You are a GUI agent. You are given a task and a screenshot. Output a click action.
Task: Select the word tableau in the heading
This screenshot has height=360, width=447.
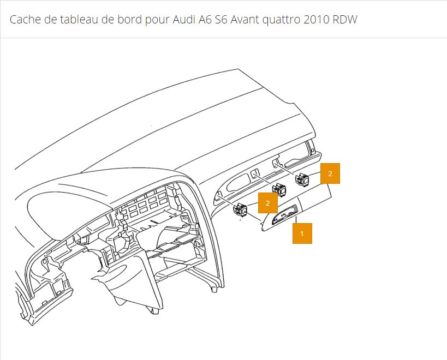click(74, 20)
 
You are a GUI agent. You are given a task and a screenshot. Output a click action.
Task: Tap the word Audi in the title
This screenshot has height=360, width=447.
click(184, 20)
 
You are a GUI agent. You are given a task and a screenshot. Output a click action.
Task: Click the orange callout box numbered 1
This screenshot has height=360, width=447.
click(302, 233)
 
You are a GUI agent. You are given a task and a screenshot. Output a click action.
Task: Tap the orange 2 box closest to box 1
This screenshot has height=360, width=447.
click(267, 203)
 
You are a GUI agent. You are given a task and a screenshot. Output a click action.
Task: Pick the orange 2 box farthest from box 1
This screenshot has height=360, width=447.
click(330, 173)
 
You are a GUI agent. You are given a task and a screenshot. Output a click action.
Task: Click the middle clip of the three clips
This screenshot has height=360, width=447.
click(279, 189)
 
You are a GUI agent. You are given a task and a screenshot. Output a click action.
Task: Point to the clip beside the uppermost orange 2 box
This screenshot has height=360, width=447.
click(302, 179)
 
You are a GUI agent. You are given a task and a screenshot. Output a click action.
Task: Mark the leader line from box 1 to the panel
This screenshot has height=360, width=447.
click(296, 220)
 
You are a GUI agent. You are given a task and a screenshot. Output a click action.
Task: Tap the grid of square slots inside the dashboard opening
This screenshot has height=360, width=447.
click(143, 205)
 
